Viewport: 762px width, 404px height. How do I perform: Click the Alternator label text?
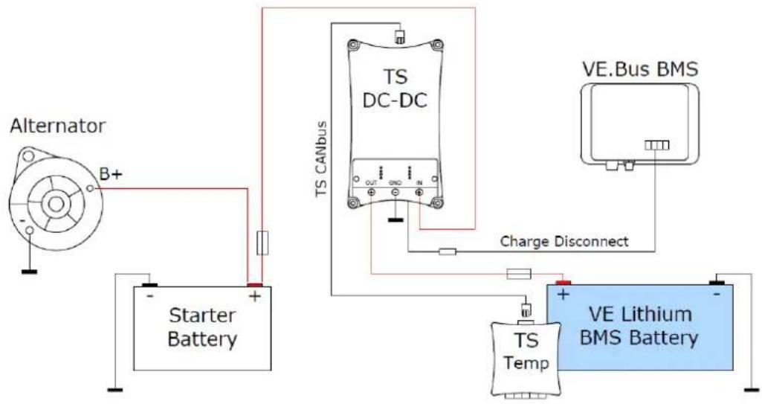[x=57, y=126]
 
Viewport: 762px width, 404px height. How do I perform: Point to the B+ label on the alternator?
[x=111, y=176]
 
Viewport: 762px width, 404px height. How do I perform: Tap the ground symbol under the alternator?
[x=29, y=271]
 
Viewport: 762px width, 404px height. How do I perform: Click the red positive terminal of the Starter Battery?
[x=255, y=283]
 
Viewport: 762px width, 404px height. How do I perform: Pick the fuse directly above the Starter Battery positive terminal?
[x=259, y=243]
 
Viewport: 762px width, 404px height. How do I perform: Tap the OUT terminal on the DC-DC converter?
[x=370, y=193]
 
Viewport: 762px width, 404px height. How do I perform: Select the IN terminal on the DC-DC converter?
[x=419, y=193]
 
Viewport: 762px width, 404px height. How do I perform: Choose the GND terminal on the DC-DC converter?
[x=395, y=193]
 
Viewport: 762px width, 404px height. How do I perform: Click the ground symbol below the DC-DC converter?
[x=395, y=220]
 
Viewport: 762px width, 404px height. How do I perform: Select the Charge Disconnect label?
[x=564, y=241]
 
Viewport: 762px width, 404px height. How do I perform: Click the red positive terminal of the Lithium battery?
[x=562, y=283]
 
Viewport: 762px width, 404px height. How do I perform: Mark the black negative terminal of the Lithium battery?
[x=717, y=283]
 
